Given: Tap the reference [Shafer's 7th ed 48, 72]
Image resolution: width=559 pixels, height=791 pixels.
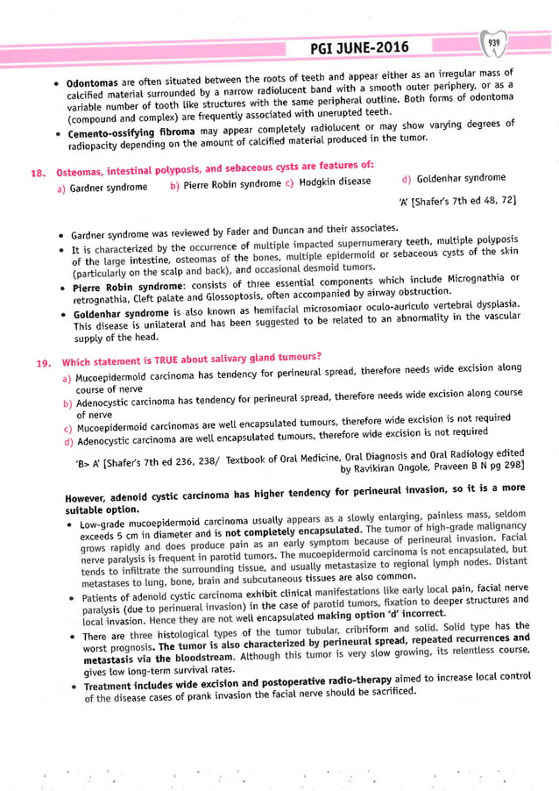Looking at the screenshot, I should coord(462,202).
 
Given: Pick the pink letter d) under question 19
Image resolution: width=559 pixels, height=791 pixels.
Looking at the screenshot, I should coord(67,443).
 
